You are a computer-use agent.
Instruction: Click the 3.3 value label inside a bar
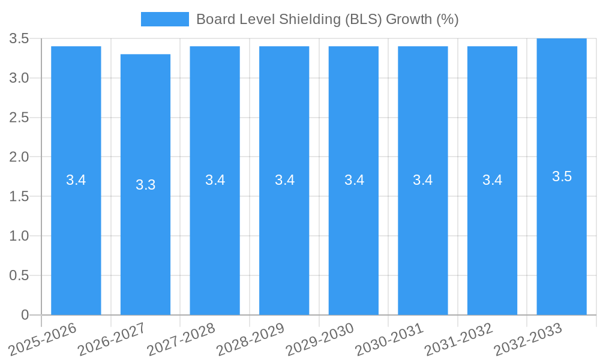[145, 185]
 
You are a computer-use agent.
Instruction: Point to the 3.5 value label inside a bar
[562, 176]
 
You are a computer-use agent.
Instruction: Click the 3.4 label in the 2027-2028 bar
[215, 180]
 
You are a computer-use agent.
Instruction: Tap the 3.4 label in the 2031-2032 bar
[492, 180]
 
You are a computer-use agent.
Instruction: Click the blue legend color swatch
[164, 19]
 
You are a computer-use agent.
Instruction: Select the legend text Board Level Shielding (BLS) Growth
[327, 19]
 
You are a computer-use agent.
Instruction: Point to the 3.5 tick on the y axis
[20, 38]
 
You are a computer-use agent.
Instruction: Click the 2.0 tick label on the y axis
[20, 157]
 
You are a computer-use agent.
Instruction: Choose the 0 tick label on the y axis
[25, 315]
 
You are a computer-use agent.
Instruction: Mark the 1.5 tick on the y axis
[20, 197]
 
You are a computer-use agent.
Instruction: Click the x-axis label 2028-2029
[250, 339]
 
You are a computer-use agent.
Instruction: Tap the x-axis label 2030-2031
[389, 339]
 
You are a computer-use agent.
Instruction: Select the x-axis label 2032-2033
[528, 339]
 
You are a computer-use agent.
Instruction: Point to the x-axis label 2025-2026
[43, 339]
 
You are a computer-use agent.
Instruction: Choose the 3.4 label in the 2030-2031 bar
[423, 180]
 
